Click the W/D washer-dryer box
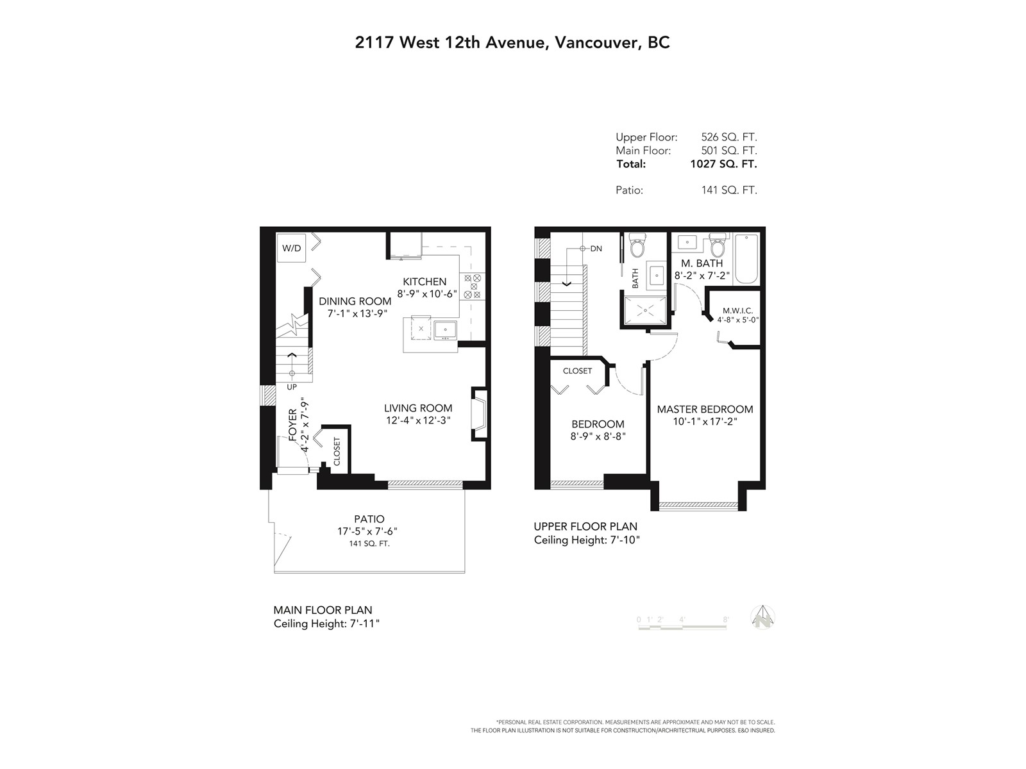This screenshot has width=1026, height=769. (x=291, y=248)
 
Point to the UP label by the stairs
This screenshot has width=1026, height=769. (x=292, y=387)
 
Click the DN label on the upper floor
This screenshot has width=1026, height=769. (x=596, y=249)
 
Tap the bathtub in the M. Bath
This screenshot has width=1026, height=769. (x=746, y=259)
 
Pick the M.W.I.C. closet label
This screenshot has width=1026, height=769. (x=737, y=311)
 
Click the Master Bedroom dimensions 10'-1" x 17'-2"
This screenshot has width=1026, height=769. (x=705, y=422)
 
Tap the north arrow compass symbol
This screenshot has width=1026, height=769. (x=763, y=617)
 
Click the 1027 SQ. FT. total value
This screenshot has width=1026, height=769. (x=723, y=164)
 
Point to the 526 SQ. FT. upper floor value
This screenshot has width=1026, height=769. (x=728, y=137)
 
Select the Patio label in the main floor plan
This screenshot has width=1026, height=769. (x=369, y=518)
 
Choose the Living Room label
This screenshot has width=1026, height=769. (x=418, y=408)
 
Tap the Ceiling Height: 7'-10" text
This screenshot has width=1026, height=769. (x=587, y=540)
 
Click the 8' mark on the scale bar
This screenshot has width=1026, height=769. (x=725, y=620)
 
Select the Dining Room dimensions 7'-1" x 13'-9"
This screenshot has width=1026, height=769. (x=358, y=314)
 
